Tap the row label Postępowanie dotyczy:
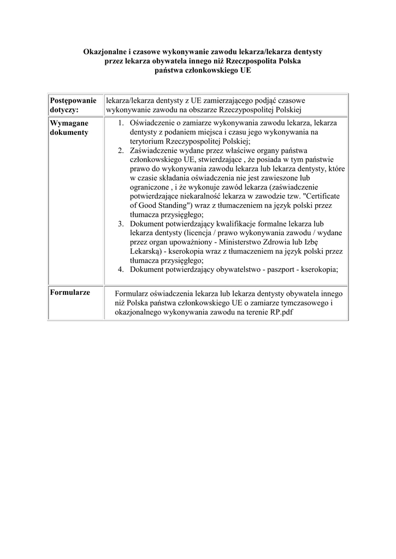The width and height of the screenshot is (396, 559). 73,105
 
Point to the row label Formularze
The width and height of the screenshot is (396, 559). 70,292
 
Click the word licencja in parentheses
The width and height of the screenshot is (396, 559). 202,233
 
